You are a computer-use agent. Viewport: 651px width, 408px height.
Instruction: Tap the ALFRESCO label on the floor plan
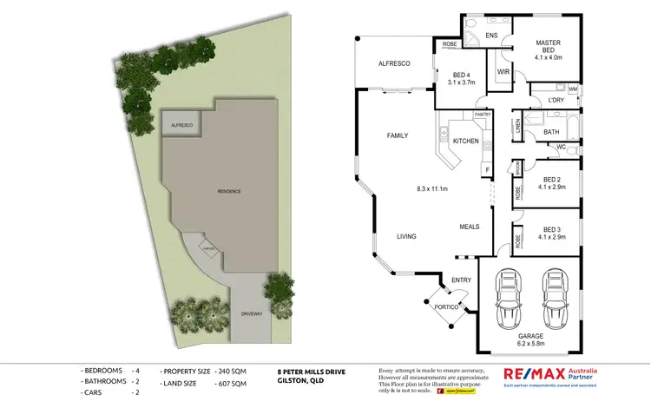click(x=393, y=64)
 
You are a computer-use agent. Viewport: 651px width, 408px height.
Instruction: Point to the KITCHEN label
click(x=466, y=141)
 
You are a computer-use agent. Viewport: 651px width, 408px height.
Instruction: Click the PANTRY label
click(x=483, y=115)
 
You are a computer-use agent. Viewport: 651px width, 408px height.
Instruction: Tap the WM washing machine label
click(x=573, y=89)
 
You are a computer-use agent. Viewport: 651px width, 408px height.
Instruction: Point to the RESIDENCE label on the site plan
click(x=229, y=191)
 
